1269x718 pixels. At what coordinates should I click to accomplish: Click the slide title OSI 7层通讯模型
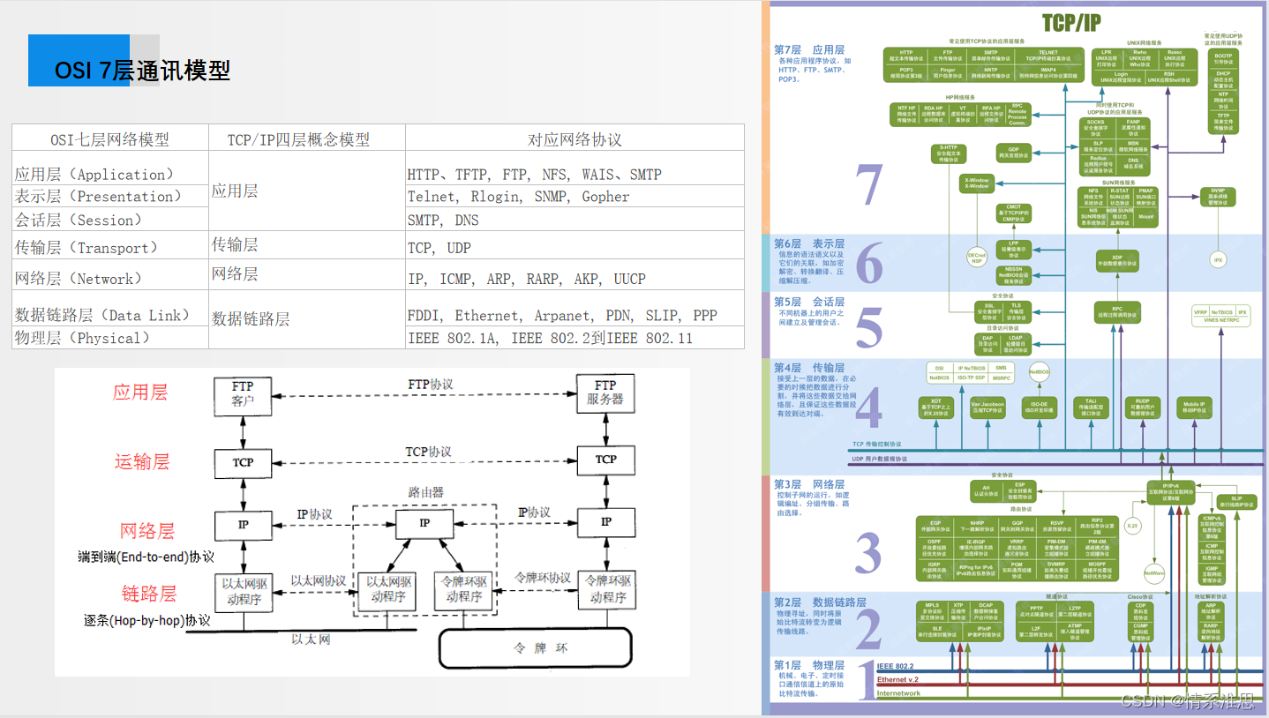142,70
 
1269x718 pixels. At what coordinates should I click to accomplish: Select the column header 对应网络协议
574,139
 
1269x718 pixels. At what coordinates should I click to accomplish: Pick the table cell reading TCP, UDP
439,248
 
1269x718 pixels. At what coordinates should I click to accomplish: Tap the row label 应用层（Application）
94,175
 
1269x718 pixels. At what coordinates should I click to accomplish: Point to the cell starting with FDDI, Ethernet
562,315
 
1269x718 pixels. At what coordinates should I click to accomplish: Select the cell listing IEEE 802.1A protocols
550,338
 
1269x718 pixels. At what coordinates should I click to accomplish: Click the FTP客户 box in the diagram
243,393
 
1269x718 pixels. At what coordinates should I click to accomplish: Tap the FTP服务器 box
605,393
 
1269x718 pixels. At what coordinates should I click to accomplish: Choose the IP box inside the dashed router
424,523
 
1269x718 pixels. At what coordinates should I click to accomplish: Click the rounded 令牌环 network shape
536,648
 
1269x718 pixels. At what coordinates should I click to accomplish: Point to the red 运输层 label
141,461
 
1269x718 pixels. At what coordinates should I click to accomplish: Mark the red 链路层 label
148,593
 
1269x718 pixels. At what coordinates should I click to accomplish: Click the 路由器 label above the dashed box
426,492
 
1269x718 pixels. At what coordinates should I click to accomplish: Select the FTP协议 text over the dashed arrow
430,385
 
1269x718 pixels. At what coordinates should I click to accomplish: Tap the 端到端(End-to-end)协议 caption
146,557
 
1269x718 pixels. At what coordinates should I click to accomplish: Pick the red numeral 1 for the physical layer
867,678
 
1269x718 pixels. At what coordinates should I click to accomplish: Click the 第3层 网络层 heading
808,484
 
